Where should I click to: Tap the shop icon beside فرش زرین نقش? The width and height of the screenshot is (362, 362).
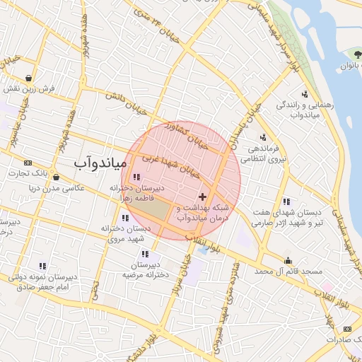(28, 78)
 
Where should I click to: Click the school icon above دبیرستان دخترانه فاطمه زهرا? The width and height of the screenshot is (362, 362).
(136, 176)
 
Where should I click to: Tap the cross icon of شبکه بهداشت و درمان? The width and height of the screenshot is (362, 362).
(203, 196)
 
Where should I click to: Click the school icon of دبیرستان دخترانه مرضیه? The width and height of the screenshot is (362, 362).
(145, 254)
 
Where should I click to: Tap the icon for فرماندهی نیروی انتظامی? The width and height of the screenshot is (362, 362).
(263, 137)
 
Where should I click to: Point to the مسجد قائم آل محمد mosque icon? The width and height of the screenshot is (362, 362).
(288, 259)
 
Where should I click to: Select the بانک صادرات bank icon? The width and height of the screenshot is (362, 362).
(346, 329)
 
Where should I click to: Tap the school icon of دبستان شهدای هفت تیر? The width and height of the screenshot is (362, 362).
(286, 202)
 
